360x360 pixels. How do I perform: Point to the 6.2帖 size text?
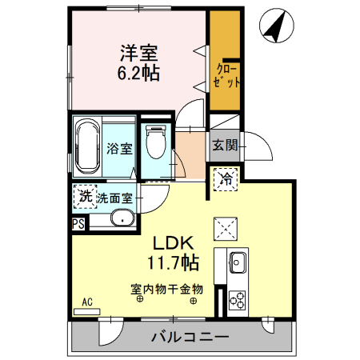point(138,74)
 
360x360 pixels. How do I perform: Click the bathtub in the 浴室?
point(86,147)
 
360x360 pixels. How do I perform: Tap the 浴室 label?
point(119,148)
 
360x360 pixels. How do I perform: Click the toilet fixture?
point(157,144)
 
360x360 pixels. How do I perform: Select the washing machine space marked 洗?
point(83,196)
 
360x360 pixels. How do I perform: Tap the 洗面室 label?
point(114,197)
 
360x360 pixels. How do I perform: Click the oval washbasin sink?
point(123,218)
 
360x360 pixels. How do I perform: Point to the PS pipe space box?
point(78,224)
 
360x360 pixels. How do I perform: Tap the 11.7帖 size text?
point(172,262)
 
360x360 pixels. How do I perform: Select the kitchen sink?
point(238,261)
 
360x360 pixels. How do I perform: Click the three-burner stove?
point(238,301)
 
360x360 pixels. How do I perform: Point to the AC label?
point(87,303)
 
